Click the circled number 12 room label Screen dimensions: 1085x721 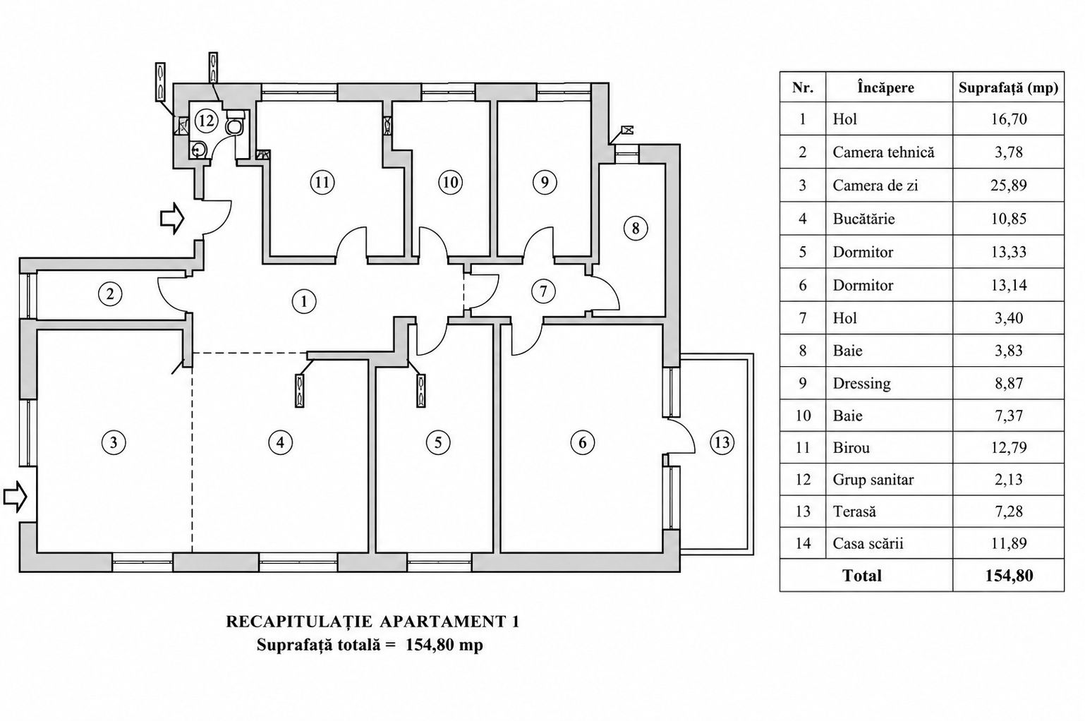[x=207, y=120]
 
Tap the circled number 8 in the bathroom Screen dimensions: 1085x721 [x=636, y=228]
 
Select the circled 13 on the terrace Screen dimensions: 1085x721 [x=722, y=442]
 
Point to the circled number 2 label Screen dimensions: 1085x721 [x=110, y=293]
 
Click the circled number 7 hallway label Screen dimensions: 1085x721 [x=543, y=291]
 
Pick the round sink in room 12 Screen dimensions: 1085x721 [x=198, y=150]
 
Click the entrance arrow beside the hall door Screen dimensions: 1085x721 [x=172, y=219]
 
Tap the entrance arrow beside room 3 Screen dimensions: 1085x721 [x=15, y=497]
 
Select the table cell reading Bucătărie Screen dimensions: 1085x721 [x=863, y=219]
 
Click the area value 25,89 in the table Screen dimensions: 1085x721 [x=1009, y=186]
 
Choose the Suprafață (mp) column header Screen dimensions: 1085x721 [x=1009, y=87]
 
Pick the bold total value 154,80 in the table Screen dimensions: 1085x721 [x=1009, y=575]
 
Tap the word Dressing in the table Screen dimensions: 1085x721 [x=861, y=384]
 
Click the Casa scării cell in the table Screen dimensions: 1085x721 [x=868, y=543]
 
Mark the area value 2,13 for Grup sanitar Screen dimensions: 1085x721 [x=1009, y=479]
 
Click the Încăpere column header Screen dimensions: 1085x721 [x=885, y=87]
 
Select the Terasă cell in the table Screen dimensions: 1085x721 [x=854, y=511]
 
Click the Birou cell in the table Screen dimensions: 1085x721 [x=851, y=447]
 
